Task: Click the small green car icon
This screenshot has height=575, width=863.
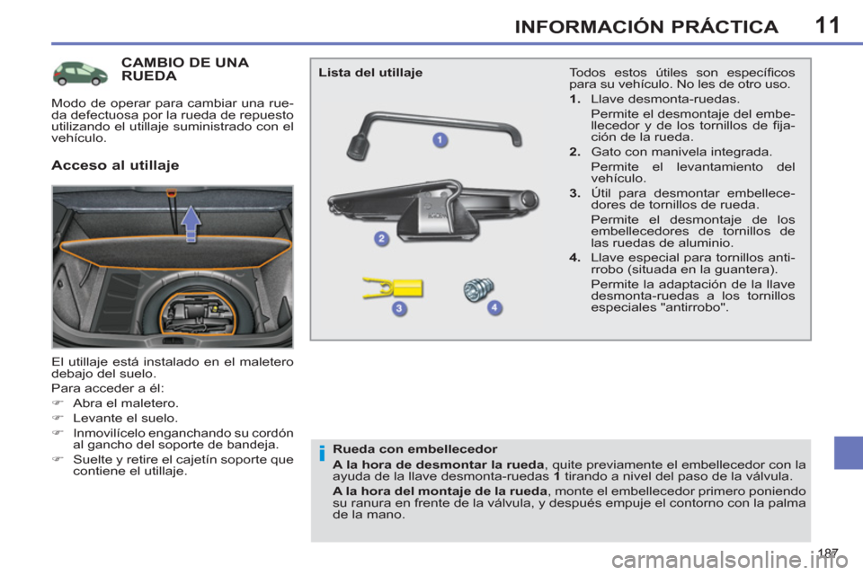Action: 82,74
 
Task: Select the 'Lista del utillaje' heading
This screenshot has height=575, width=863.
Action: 370,73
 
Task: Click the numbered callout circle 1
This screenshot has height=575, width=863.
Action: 440,139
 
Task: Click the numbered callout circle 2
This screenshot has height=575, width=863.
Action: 381,238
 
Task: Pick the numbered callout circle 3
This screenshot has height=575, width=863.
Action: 399,309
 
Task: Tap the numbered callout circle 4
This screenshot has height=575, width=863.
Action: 494,307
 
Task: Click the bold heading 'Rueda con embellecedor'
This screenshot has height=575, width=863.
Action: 414,449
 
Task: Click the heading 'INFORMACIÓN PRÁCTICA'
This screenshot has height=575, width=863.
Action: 646,26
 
